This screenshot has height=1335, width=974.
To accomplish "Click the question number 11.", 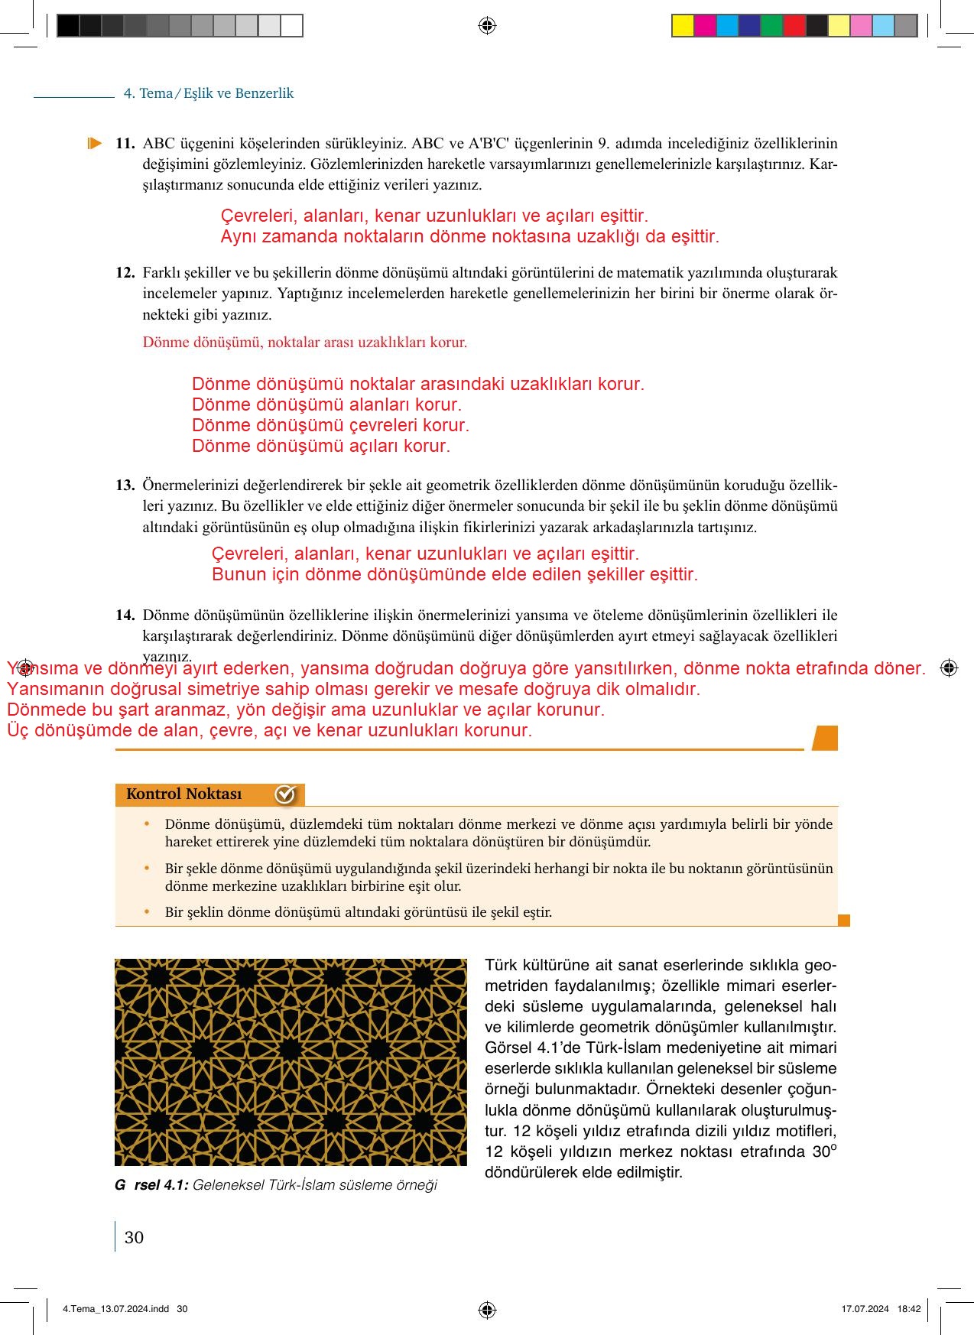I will coord(125,143).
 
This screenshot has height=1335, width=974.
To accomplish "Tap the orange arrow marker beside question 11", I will coord(95,143).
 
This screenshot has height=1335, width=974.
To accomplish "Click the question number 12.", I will coord(125,272).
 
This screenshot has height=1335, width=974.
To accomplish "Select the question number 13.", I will coord(125,485).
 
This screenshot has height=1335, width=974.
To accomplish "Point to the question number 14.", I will coord(125,615).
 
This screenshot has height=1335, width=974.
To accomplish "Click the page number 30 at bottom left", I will coord(134,1237).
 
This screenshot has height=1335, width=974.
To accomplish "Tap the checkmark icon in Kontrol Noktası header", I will coord(284,794).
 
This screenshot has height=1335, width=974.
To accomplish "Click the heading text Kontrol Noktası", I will coord(183,794).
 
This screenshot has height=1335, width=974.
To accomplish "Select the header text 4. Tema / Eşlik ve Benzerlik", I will coord(209,93).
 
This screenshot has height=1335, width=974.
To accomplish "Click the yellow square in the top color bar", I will coord(682,26).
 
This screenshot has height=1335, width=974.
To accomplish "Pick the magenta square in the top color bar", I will coord(705,26).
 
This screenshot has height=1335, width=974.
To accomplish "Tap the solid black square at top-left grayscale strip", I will coord(68,26).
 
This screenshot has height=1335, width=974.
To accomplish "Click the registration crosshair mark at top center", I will coord(487,26).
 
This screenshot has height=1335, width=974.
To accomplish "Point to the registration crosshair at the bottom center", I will coord(487,1310).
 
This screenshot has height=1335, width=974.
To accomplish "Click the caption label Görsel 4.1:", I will coord(151,1185).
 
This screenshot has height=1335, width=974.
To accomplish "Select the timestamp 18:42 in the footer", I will coord(908,1309).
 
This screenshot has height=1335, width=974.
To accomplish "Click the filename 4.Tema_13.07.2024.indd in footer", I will coord(115,1309).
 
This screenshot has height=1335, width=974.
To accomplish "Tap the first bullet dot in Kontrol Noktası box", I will coord(148,823).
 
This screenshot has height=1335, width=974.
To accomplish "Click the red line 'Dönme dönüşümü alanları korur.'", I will coord(326,404).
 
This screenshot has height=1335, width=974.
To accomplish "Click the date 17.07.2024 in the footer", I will coord(865,1309).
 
